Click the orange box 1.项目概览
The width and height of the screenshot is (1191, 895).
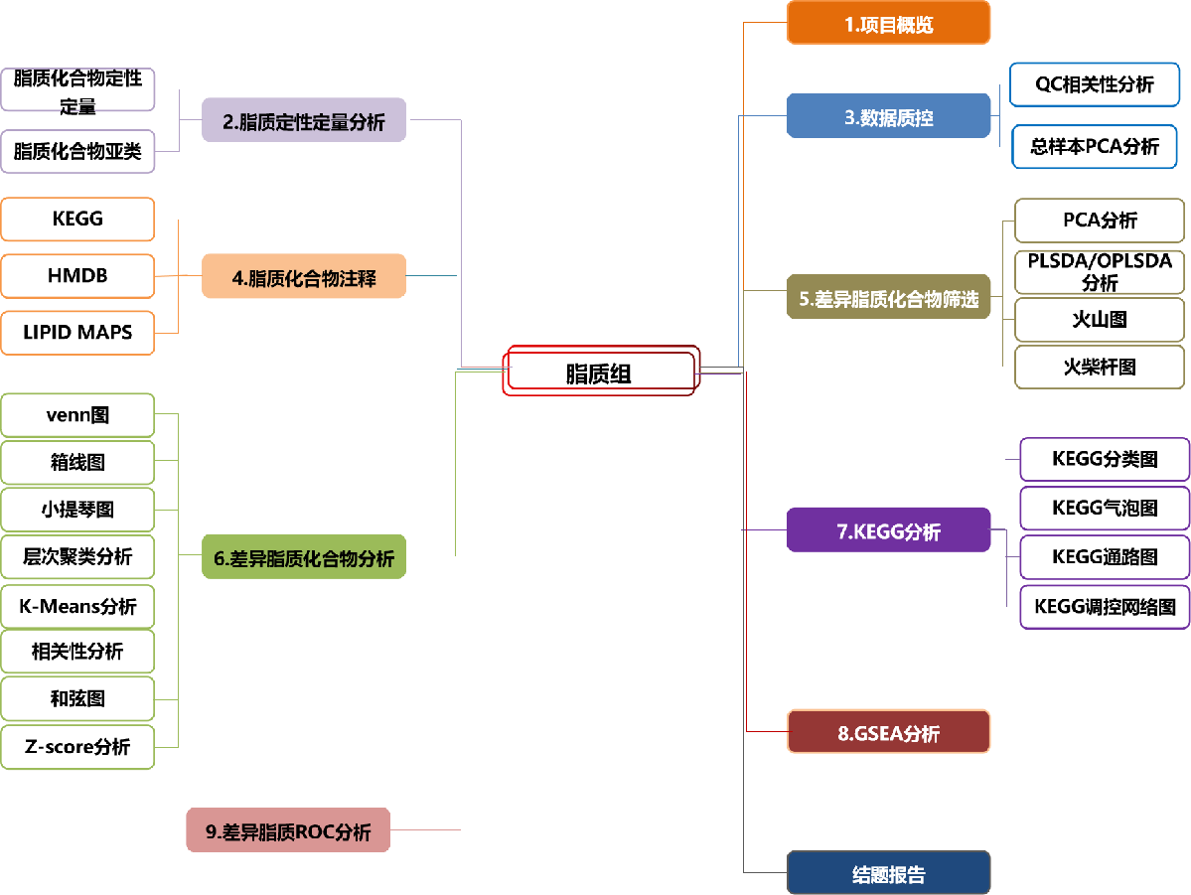pyautogui.click(x=888, y=24)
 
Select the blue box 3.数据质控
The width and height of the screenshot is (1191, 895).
pyautogui.click(x=888, y=117)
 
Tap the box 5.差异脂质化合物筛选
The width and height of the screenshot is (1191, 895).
pyautogui.click(x=888, y=298)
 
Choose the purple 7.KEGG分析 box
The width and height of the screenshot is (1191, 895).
pyautogui.click(x=888, y=531)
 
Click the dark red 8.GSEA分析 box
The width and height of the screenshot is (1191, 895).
pyautogui.click(x=888, y=733)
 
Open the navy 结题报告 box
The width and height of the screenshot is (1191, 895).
pyautogui.click(x=888, y=874)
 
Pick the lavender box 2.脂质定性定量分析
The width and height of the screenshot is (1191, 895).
pyautogui.click(x=303, y=121)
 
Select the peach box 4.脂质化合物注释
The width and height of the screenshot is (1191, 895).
pyautogui.click(x=303, y=277)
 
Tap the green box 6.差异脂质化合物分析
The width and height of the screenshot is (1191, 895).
pyautogui.click(x=303, y=558)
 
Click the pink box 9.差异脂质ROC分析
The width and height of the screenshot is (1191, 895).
pyautogui.click(x=288, y=831)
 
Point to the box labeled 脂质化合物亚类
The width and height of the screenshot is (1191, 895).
pyautogui.click(x=77, y=151)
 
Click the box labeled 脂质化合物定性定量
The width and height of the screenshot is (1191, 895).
pyautogui.click(x=77, y=88)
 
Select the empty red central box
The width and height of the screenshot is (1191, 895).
pyautogui.click(x=600, y=371)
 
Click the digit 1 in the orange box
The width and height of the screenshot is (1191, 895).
pyautogui.click(x=849, y=25)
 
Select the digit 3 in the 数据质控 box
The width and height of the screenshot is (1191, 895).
pyautogui.click(x=849, y=118)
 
